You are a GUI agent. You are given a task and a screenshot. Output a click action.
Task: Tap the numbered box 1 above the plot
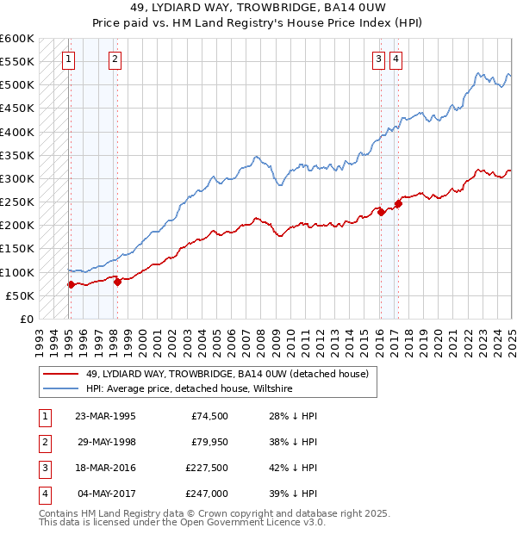[68, 59]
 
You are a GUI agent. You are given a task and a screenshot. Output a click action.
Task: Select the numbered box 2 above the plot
[115, 59]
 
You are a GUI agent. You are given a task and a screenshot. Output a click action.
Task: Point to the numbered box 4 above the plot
[396, 59]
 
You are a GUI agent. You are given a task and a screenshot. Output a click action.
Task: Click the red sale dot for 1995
[71, 284]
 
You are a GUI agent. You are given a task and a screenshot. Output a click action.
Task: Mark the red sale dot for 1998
[118, 282]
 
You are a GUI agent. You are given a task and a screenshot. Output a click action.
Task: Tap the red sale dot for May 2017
[398, 203]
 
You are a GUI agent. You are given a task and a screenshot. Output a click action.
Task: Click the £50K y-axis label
[20, 295]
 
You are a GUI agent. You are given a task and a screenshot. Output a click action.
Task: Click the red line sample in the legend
[60, 374]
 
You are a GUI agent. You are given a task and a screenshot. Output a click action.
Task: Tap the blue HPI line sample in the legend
[60, 389]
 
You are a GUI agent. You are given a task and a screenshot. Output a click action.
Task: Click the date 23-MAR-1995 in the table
[105, 417]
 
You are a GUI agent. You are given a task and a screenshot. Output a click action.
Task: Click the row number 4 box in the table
[43, 494]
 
